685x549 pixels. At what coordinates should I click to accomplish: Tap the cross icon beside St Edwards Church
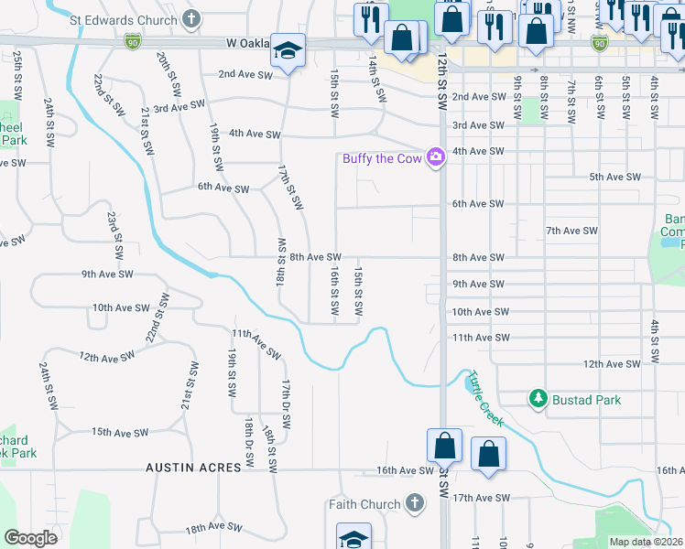tap(190, 18)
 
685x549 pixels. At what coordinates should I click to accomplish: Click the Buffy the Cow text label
tap(382, 158)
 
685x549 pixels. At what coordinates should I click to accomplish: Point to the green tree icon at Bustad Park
tap(538, 399)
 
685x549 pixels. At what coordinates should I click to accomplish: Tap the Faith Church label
tap(364, 503)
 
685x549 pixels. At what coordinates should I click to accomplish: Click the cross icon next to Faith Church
tap(414, 503)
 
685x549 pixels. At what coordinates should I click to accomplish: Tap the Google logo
tap(30, 538)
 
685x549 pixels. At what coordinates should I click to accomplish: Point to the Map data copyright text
tap(646, 542)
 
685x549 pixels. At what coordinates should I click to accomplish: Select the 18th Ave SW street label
tap(213, 529)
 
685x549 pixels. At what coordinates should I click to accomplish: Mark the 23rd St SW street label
tap(114, 235)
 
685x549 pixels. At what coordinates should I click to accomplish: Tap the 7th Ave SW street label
tap(571, 231)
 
